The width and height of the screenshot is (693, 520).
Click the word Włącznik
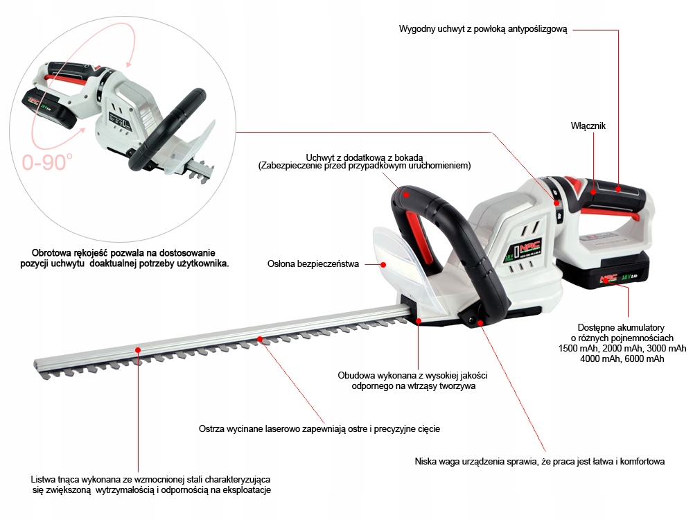588,125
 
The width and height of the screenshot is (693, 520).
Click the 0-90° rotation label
47,162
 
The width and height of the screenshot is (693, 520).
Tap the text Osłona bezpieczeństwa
313,263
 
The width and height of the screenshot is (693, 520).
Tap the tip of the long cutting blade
39,365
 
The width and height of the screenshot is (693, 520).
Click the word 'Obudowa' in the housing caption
356,374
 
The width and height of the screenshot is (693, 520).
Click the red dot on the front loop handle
408,195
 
